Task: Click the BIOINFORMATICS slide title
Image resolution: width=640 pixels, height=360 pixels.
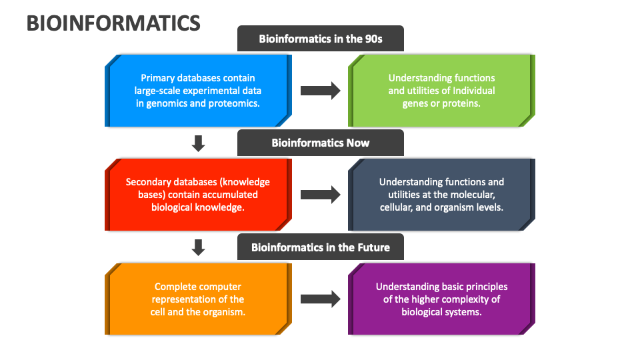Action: (x=113, y=23)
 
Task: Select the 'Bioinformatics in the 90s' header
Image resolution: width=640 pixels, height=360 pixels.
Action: (x=321, y=39)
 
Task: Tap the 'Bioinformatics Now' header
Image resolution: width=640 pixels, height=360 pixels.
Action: (x=321, y=143)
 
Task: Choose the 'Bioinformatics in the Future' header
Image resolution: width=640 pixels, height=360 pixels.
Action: (x=321, y=247)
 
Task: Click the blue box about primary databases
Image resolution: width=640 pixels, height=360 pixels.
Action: (x=198, y=91)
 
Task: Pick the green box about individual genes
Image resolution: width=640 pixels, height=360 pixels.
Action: (x=441, y=91)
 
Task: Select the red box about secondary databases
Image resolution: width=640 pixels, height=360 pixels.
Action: (x=198, y=195)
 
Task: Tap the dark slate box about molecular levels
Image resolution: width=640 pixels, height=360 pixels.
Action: (x=441, y=195)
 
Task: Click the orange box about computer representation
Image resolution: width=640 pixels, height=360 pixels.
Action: (x=198, y=299)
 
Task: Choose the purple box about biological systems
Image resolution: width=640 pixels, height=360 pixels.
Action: (x=441, y=299)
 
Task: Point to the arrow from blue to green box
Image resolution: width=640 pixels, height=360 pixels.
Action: (x=321, y=91)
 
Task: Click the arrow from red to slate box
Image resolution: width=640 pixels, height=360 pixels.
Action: (x=321, y=195)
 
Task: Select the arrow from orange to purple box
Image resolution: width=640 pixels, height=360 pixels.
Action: (x=321, y=299)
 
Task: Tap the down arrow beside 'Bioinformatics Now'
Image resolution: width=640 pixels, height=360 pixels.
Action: (x=199, y=143)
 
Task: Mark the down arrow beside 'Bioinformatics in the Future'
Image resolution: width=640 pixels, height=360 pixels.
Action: (x=199, y=247)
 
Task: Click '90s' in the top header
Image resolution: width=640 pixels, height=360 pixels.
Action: (x=373, y=39)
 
